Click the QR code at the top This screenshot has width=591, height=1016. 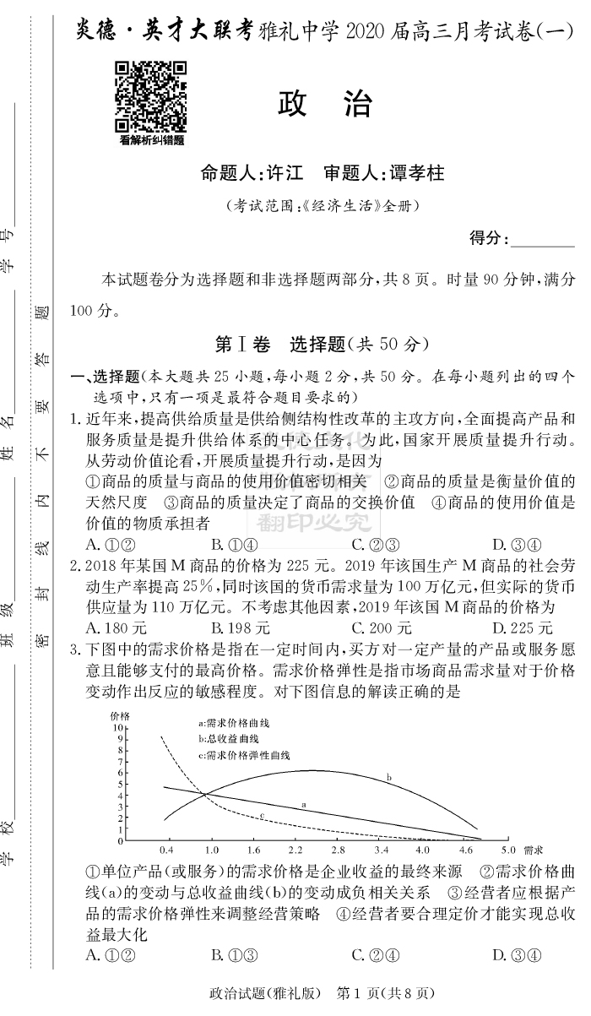[x=151, y=97]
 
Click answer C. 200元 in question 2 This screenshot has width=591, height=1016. [x=382, y=628]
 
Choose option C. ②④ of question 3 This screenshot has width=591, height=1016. [x=375, y=955]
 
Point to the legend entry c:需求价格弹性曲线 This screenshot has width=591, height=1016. [x=243, y=754]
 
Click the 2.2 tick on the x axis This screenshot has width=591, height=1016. [x=295, y=849]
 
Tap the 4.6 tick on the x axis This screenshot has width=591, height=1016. [x=466, y=849]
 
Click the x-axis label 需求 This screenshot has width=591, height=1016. [x=534, y=849]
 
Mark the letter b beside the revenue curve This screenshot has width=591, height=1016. [x=388, y=777]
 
